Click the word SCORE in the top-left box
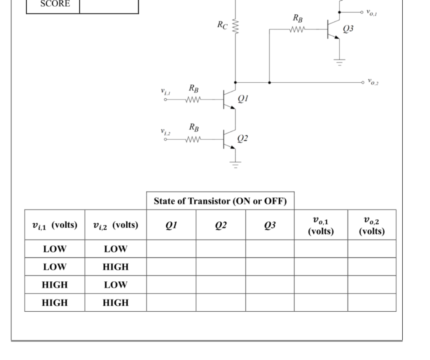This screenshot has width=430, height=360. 55,4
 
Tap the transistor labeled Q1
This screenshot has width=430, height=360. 229,100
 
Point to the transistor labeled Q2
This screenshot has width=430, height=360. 229,139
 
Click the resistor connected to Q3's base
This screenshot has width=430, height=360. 298,29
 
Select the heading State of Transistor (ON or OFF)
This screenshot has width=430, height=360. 220,201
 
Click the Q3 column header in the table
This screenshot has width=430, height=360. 270,225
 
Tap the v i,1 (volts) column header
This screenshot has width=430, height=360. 55,225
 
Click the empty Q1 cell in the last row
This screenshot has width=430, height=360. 171,302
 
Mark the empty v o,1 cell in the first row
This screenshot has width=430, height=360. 321,249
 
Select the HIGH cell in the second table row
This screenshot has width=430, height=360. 115,267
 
